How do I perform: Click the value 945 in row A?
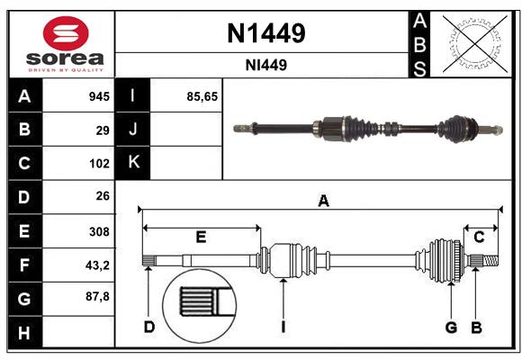tap(98, 96)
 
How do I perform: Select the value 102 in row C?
tap(98, 164)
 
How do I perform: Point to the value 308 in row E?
tap(98, 230)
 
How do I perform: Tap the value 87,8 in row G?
tap(96, 296)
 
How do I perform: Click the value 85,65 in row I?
tap(202, 96)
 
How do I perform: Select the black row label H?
tap(24, 332)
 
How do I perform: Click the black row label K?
tap(133, 163)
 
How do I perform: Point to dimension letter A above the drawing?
tap(323, 202)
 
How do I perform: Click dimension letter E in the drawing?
tap(201, 238)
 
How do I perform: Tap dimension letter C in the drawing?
tap(480, 238)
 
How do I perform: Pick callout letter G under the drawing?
tap(451, 327)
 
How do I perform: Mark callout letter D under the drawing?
tap(149, 327)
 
